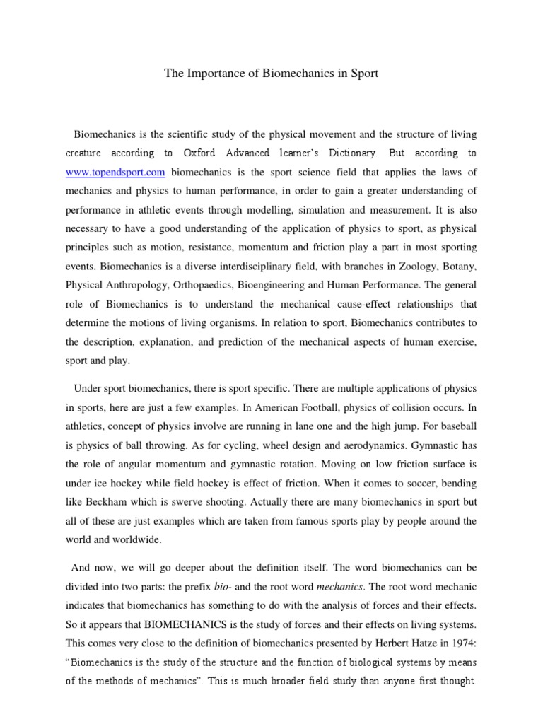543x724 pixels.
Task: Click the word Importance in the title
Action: coord(212,74)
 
